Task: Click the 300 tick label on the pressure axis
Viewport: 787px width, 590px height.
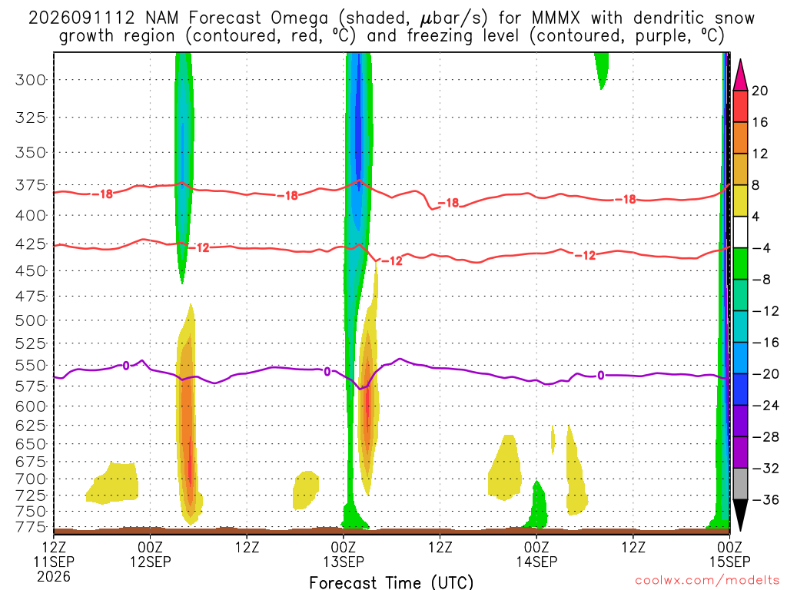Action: click(31, 80)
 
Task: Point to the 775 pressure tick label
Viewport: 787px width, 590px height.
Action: click(31, 527)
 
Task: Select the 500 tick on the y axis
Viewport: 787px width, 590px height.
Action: click(31, 320)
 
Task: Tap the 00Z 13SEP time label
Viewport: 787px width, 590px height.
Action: click(344, 554)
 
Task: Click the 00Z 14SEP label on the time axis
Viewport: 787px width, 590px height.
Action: click(536, 554)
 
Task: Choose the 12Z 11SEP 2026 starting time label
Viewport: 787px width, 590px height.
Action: click(54, 562)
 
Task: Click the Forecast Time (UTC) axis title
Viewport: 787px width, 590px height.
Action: click(391, 582)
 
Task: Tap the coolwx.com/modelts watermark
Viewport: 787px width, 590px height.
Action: click(706, 581)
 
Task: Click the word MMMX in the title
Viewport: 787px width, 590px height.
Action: click(556, 18)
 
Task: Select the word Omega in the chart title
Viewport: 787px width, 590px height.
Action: click(299, 18)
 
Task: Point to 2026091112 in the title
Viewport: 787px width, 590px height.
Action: click(81, 18)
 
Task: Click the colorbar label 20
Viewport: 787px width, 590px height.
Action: click(760, 91)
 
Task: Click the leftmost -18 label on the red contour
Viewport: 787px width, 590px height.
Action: click(104, 194)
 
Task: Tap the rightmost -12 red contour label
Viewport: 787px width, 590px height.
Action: click(585, 255)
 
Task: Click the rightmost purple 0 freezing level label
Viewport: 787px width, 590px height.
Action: click(600, 375)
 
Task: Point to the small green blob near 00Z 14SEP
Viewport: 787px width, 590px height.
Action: click(537, 507)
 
